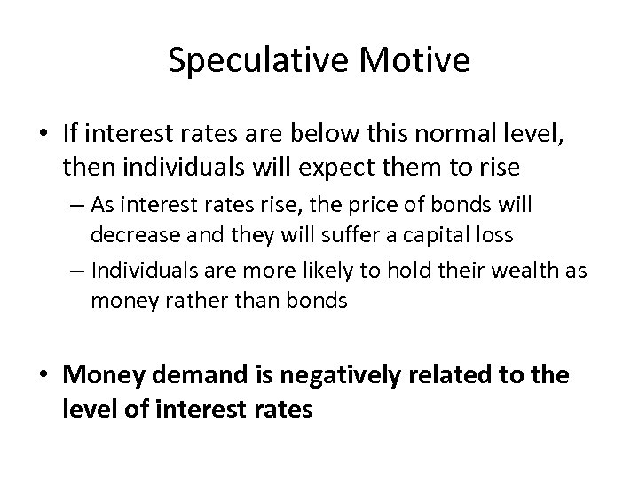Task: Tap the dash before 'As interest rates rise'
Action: tap(75, 207)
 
